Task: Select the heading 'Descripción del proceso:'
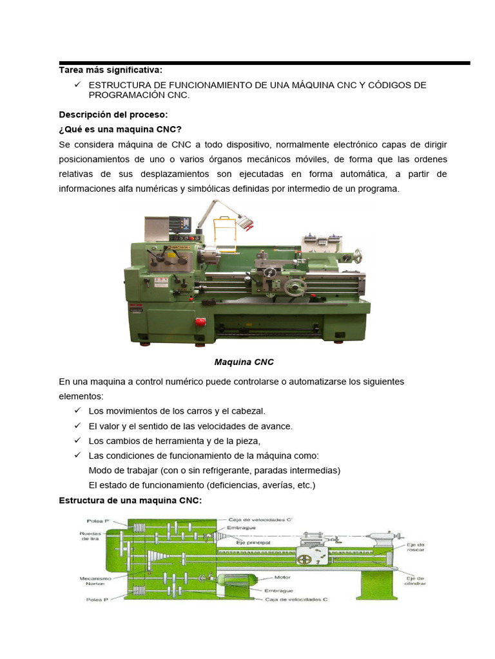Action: [x=113, y=115]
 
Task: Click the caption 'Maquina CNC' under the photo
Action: [x=244, y=362]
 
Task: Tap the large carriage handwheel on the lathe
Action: [x=296, y=287]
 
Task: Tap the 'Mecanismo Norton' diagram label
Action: [x=95, y=580]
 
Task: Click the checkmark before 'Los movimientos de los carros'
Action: [x=77, y=410]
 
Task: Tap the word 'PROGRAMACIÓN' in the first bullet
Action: [x=126, y=95]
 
